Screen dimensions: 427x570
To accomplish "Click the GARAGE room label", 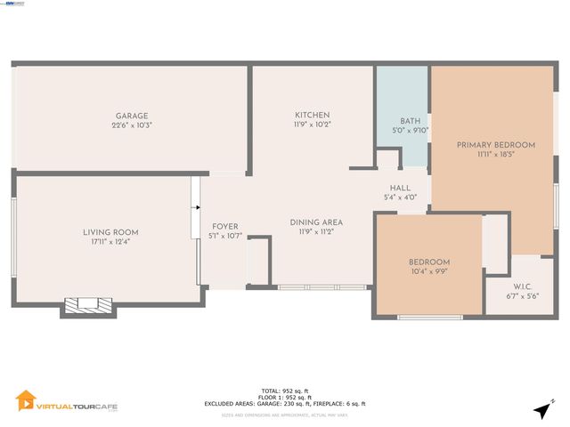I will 131,116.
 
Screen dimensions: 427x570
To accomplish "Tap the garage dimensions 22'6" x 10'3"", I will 131,125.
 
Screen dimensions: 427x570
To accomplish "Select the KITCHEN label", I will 313,115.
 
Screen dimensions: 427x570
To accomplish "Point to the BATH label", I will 410,121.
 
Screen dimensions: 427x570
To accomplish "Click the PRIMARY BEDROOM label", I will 496,144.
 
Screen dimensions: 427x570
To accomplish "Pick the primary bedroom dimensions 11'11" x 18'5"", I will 496,154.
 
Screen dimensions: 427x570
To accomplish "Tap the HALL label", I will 400,188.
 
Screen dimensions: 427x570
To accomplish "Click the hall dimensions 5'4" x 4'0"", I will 400,197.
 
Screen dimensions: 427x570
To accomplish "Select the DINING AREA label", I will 316,222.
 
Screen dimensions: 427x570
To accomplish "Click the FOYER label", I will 224,226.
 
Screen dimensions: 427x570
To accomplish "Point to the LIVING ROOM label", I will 110,232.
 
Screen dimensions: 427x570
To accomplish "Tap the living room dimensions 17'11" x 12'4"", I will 110,242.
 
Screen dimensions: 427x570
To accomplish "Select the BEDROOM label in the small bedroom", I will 429,262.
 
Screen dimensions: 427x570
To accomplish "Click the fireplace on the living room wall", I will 87,305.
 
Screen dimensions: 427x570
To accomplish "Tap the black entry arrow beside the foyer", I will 195,208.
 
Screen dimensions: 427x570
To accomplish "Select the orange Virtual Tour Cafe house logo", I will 27,401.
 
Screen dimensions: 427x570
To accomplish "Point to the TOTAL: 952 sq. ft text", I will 285,391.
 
